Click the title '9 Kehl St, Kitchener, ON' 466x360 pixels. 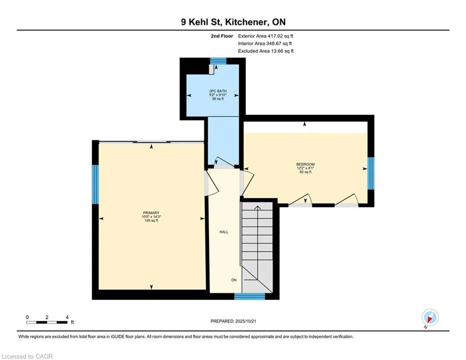233,22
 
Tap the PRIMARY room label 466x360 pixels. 151,213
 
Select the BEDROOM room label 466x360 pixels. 305,164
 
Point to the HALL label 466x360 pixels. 224,232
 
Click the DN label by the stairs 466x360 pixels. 234,280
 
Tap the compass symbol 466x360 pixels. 429,317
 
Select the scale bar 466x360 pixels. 47,322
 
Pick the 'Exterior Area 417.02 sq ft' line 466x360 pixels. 266,36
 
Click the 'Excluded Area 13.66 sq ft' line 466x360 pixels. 266,51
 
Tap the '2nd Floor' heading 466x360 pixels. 222,36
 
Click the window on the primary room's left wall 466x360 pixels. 95,184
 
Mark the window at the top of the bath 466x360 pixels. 217,60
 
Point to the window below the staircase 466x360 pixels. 249,296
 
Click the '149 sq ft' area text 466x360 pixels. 151,220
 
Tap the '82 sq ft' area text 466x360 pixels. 305,172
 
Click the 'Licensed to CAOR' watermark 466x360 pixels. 28,356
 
